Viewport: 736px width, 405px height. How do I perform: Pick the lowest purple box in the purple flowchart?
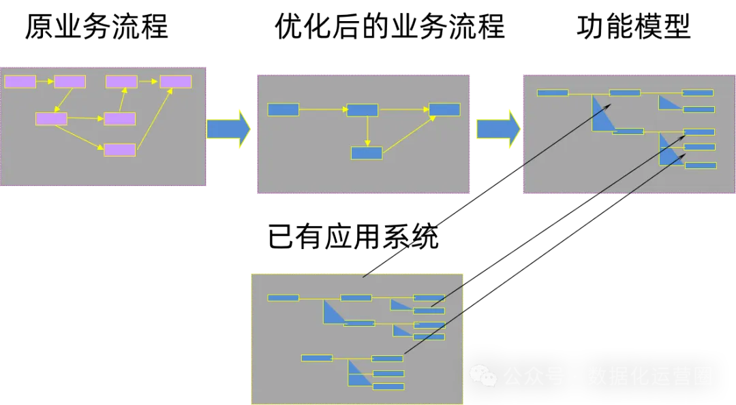[x=119, y=150]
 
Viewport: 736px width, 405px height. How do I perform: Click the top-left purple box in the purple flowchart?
[x=20, y=82]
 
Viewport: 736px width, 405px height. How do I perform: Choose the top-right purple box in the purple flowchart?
[x=175, y=82]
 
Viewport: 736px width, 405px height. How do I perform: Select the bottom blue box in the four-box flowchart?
[x=367, y=153]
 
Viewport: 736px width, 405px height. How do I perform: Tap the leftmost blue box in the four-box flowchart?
[x=283, y=110]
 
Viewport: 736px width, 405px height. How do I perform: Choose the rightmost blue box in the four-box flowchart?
[x=444, y=110]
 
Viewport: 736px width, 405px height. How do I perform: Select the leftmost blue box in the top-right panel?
[x=553, y=93]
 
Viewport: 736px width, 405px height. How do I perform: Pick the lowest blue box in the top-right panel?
[x=701, y=165]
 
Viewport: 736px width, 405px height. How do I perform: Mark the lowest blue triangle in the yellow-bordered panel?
[x=357, y=374]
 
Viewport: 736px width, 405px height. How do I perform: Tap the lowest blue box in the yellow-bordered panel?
[x=388, y=387]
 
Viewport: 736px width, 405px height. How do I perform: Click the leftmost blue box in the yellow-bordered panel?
[x=283, y=297]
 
